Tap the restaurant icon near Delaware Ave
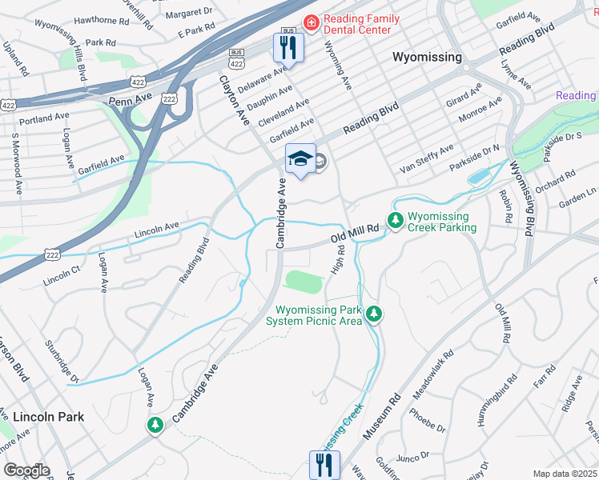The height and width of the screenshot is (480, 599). tap(287, 47)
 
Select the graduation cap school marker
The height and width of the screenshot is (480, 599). tap(300, 159)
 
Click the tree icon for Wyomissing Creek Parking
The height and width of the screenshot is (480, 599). tap(395, 219)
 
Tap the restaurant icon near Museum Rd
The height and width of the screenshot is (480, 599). tap(324, 463)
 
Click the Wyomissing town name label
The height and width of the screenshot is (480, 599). tap(427, 57)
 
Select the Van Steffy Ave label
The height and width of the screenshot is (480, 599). tap(427, 159)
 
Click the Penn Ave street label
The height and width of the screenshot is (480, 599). tap(129, 102)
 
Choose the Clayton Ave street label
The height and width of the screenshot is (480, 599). tap(231, 100)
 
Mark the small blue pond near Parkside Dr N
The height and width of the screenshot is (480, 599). tap(478, 176)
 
